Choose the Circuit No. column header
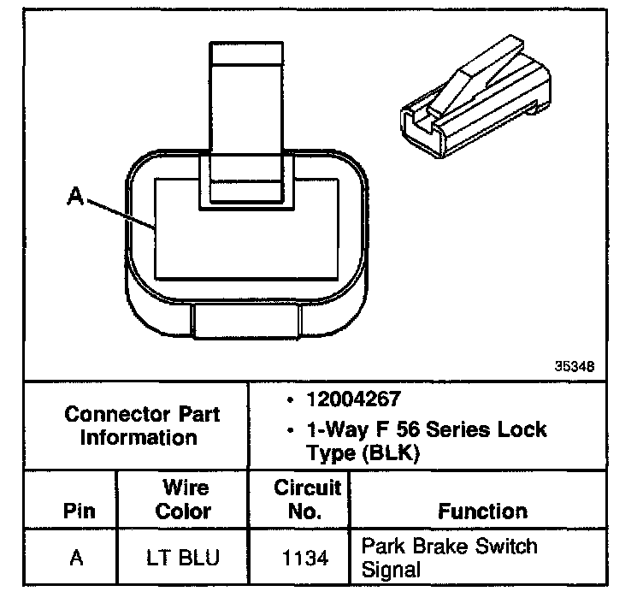coord(308,500)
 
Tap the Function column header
coord(482,511)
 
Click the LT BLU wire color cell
coord(184,559)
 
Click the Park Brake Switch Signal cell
coord(450,557)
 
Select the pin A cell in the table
coord(76,559)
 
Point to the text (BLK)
coord(389,454)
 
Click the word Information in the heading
coord(139,437)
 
